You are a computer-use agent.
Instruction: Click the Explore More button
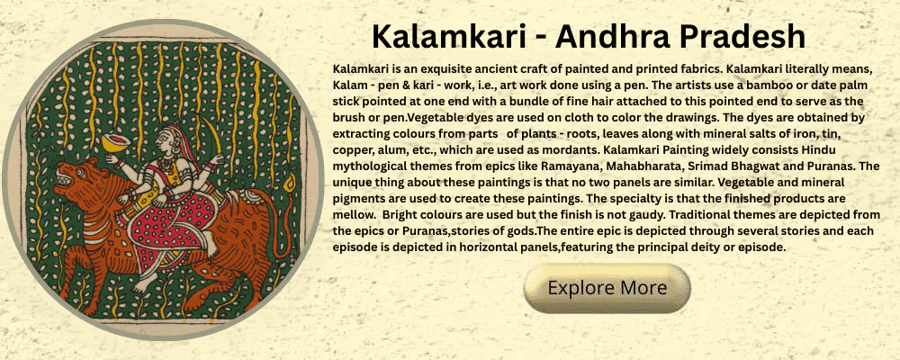[x=607, y=288]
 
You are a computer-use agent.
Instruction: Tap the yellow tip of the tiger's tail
[x=289, y=184]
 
